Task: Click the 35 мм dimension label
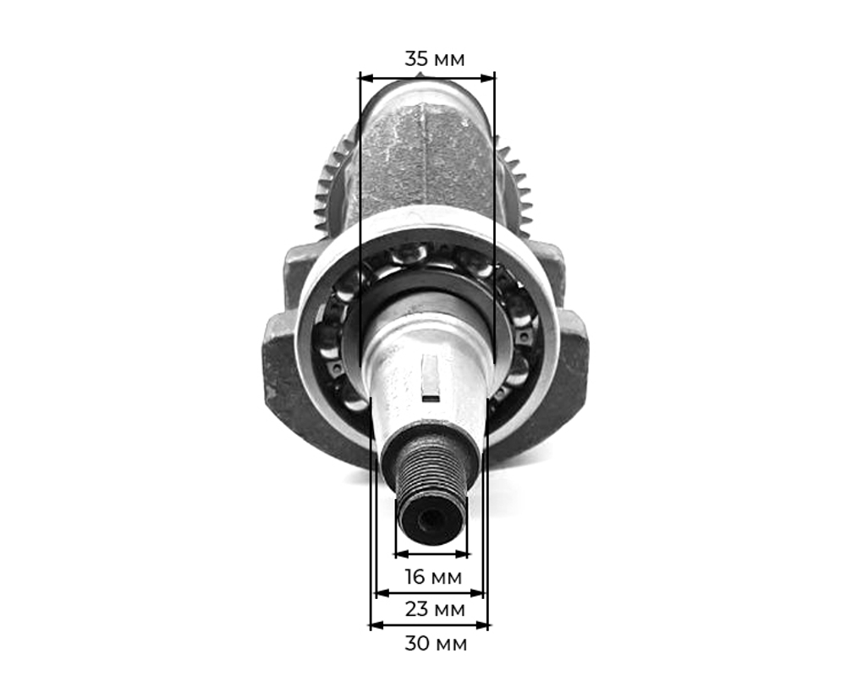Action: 434,59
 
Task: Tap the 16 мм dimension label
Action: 433,578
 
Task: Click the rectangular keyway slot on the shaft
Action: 430,376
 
